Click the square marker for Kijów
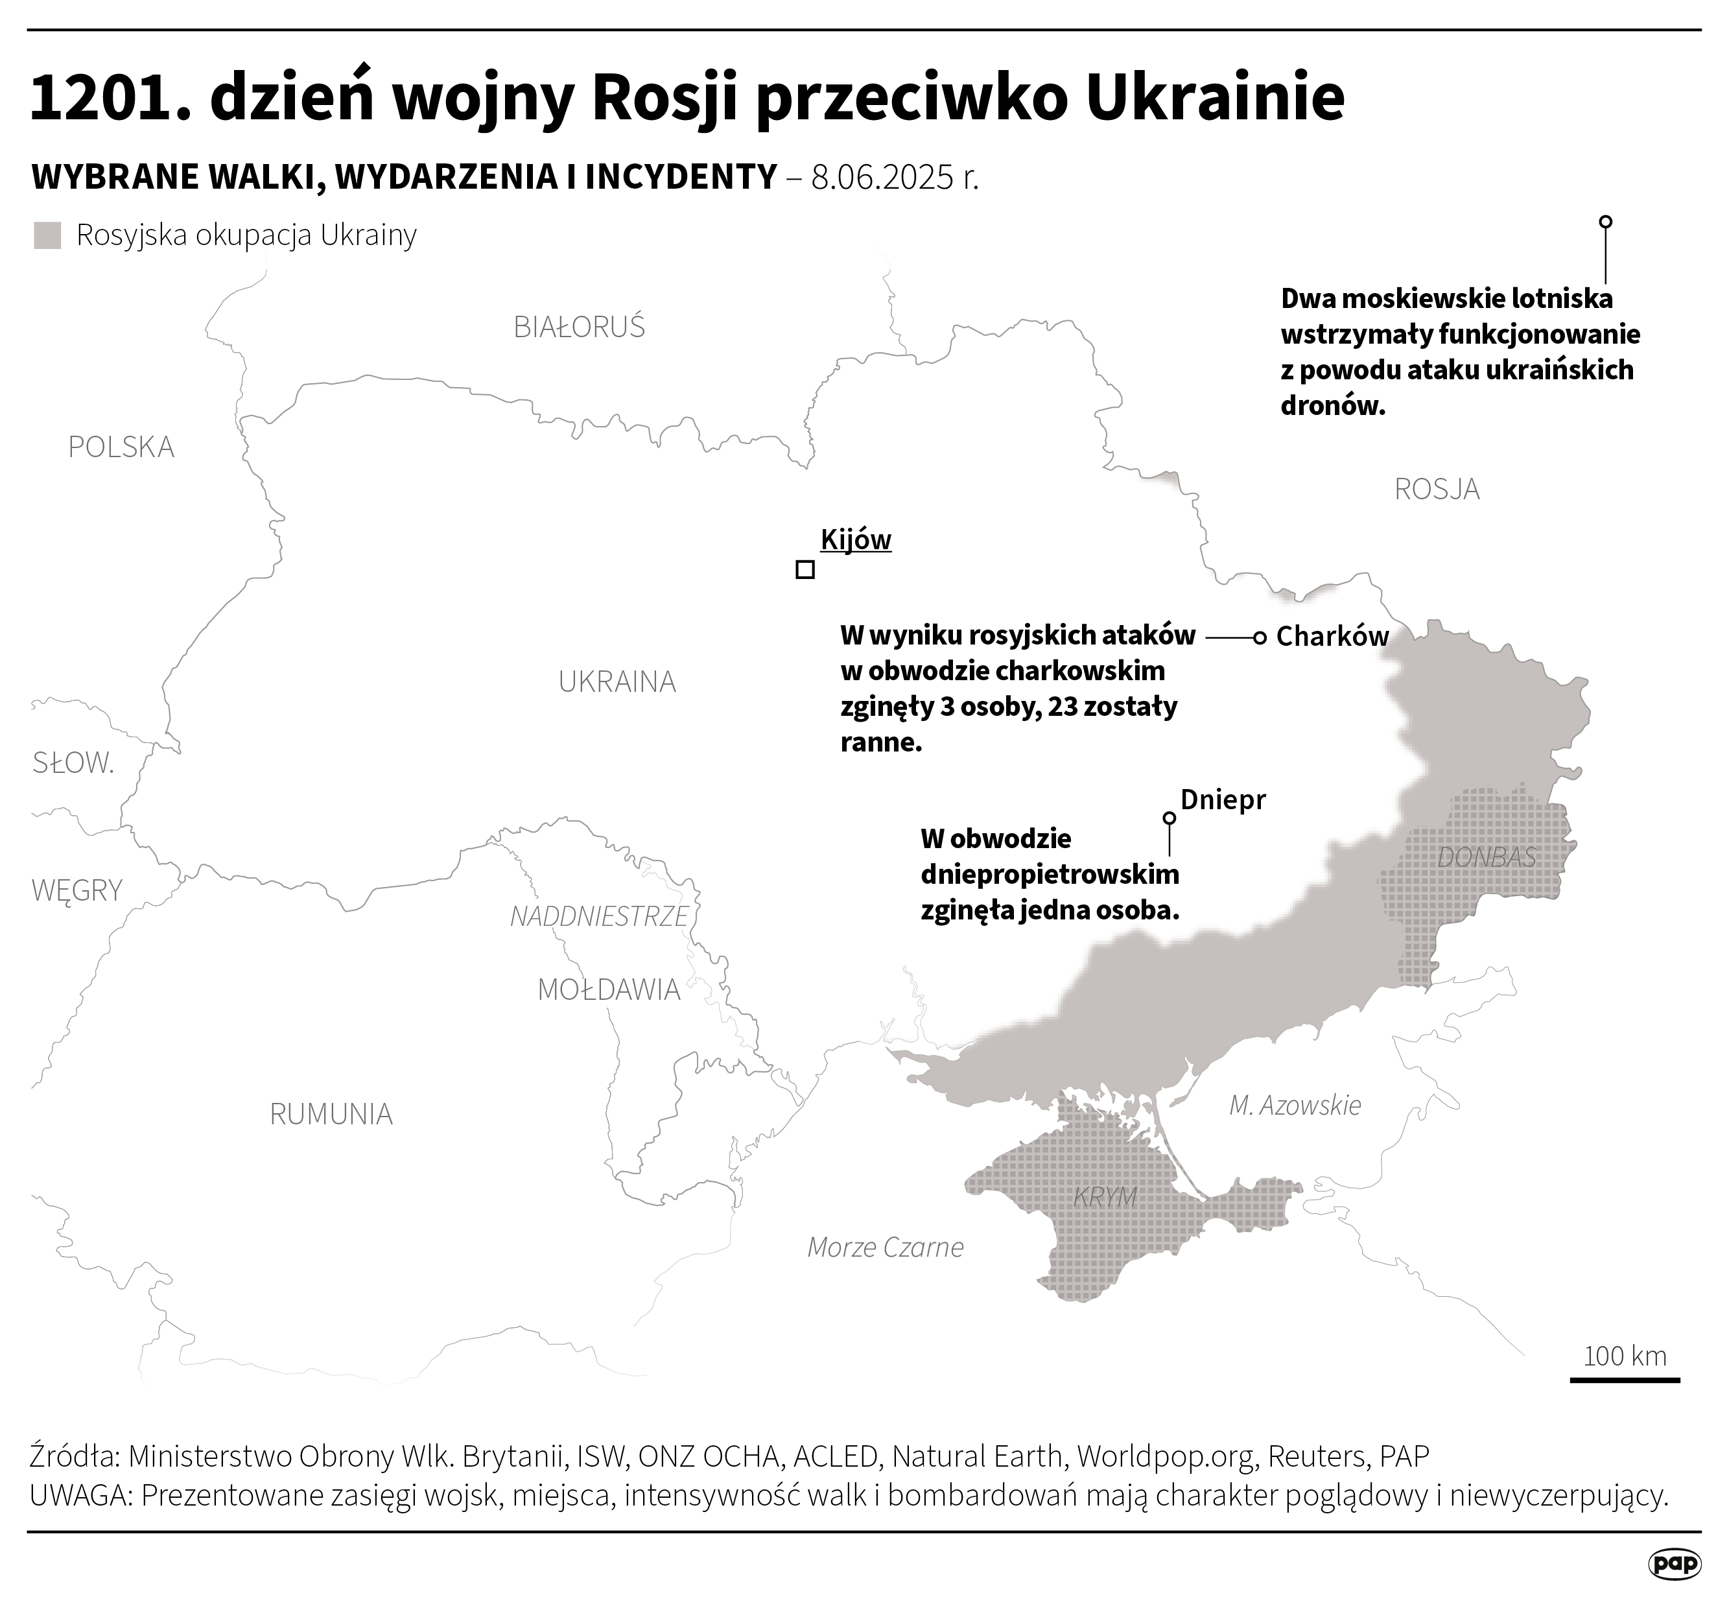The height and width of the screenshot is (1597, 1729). (x=805, y=569)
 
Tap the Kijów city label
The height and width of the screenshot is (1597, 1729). (x=856, y=539)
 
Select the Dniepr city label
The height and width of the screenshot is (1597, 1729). (x=1223, y=799)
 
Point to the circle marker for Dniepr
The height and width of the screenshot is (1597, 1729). (x=1169, y=818)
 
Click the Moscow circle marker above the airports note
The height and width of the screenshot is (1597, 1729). (x=1605, y=221)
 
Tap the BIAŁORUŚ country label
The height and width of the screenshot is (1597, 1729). (x=579, y=327)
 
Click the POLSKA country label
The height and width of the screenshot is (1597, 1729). (x=121, y=447)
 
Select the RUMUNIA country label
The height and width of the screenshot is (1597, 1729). (x=331, y=1114)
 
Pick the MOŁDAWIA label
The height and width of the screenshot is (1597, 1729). (x=608, y=989)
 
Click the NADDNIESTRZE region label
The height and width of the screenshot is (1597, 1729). (x=599, y=916)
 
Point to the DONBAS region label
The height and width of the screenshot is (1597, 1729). (x=1486, y=857)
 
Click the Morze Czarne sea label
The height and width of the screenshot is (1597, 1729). (x=885, y=1247)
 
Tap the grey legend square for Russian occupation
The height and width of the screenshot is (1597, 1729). (x=47, y=236)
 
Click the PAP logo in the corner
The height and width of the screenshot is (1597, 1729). (x=1675, y=1563)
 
